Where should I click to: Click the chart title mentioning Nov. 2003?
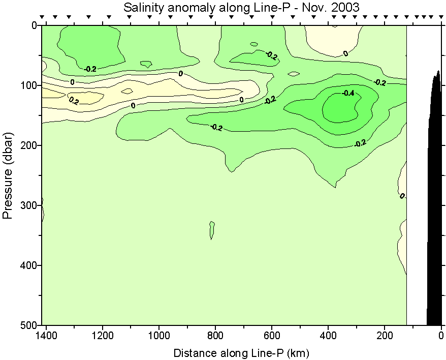[x=241, y=8]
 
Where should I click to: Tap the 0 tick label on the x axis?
[x=441, y=336]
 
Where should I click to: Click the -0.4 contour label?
[x=348, y=93]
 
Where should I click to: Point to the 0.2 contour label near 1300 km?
[x=74, y=101]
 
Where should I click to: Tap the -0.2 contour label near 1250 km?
[x=90, y=69]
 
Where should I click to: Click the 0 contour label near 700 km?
[x=241, y=100]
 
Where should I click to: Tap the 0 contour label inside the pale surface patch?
[x=345, y=53]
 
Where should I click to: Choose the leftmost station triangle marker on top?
[x=43, y=17]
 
